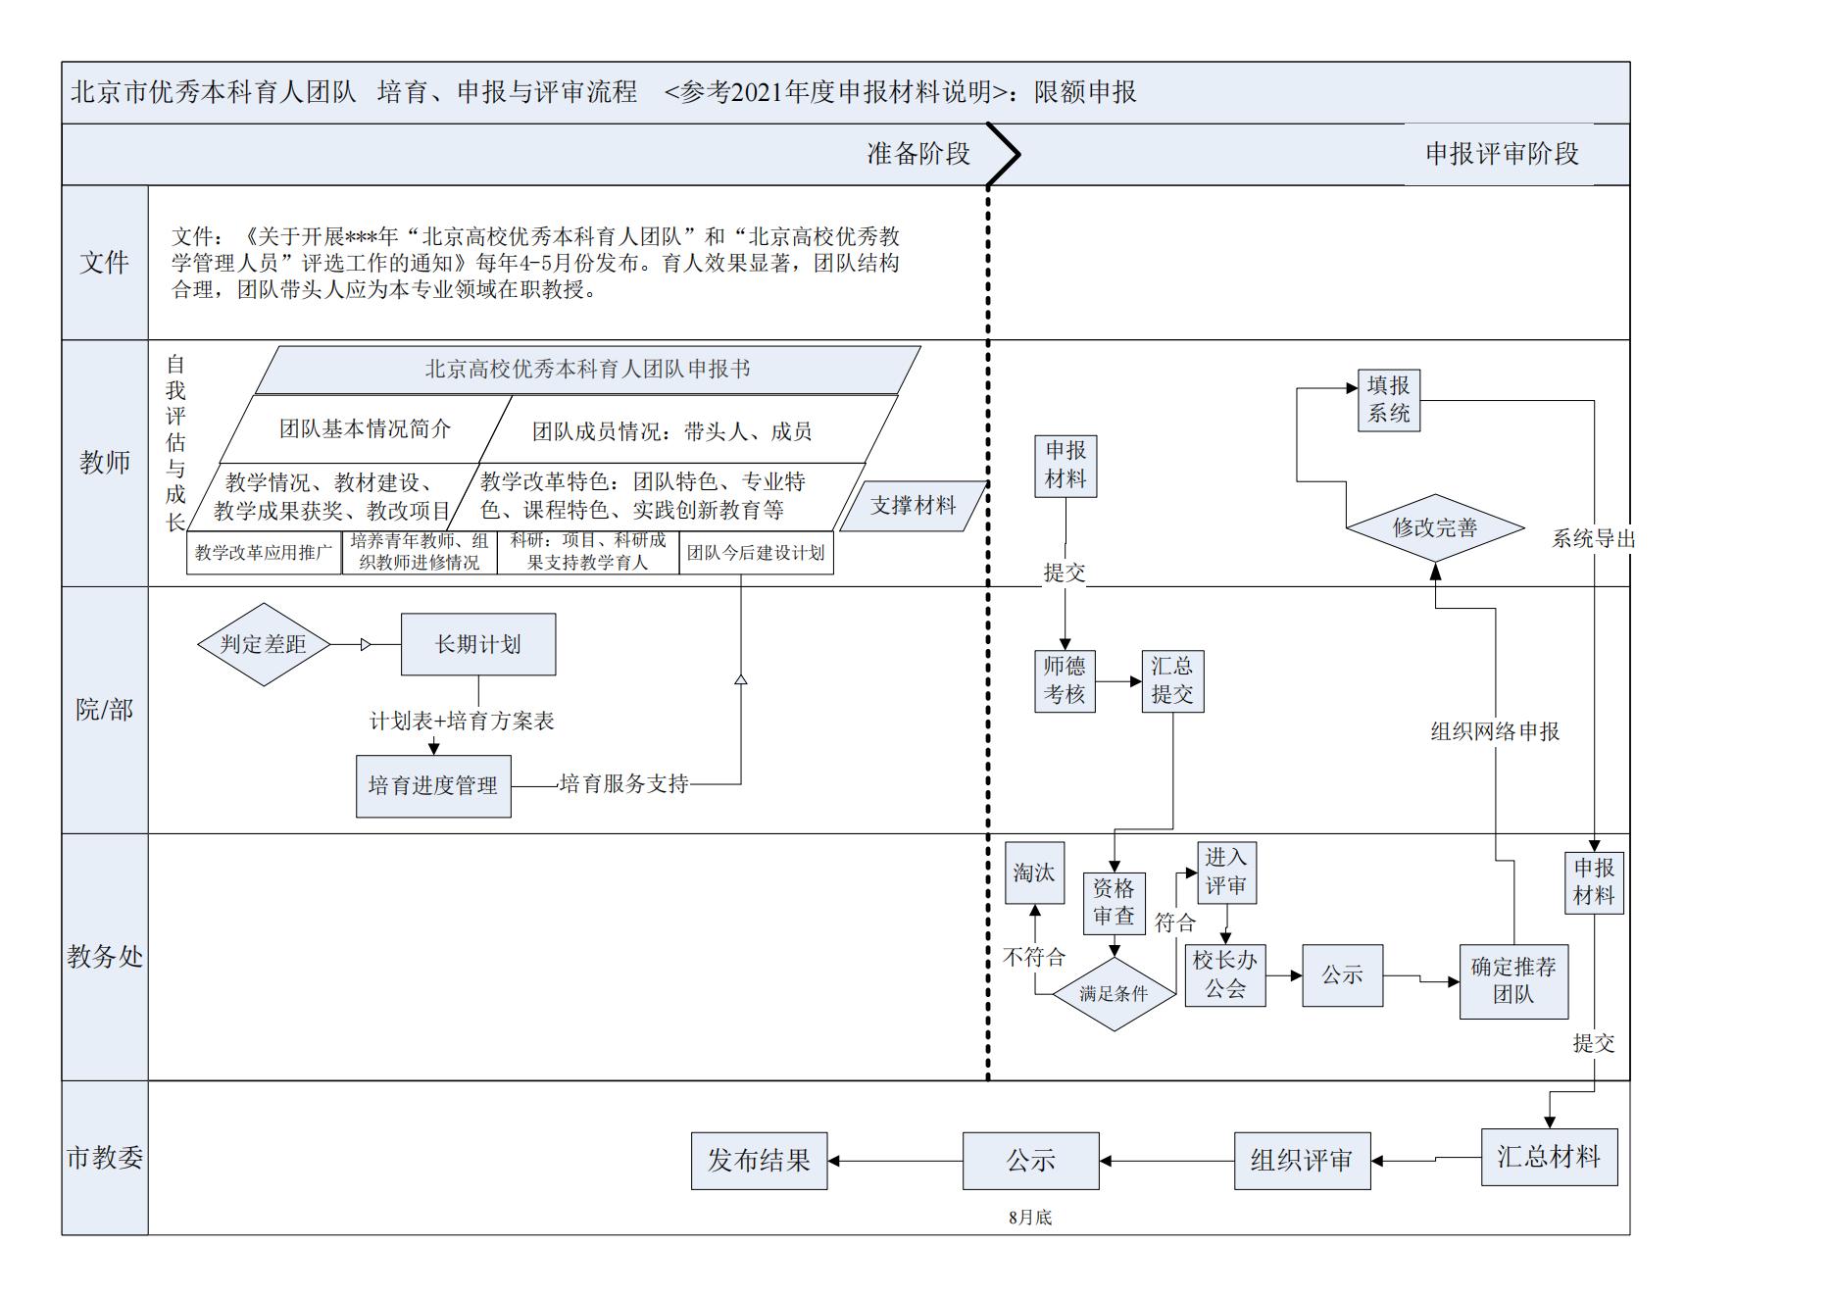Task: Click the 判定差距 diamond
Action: click(x=263, y=644)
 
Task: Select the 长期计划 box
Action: click(x=478, y=644)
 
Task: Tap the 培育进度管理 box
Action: click(x=433, y=785)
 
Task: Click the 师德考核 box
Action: click(x=1065, y=680)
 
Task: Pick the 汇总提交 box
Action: click(x=1172, y=680)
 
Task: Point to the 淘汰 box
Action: click(x=1034, y=873)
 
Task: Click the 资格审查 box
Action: click(x=1114, y=902)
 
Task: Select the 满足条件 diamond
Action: click(x=1114, y=994)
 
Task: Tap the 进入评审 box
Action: click(x=1226, y=873)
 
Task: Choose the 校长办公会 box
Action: click(x=1225, y=974)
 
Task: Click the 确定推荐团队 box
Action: click(x=1513, y=981)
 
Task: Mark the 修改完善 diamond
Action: click(x=1435, y=527)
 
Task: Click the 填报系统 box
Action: click(x=1388, y=400)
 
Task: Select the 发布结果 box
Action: click(x=759, y=1161)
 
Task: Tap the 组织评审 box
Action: click(x=1302, y=1161)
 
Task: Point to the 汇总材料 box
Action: click(x=1549, y=1157)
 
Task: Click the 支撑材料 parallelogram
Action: click(x=913, y=506)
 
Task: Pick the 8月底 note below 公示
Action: click(x=1030, y=1218)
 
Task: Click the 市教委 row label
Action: click(x=105, y=1158)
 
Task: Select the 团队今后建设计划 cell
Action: click(x=756, y=553)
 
